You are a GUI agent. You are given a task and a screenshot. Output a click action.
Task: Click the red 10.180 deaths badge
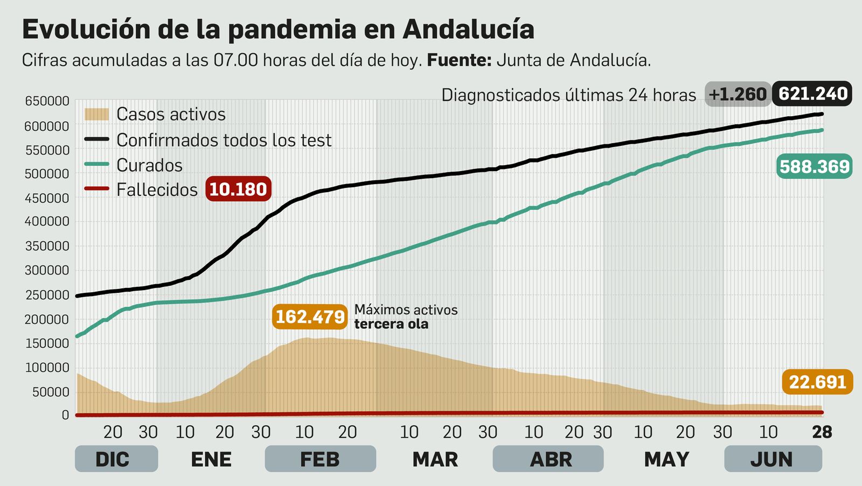point(238,189)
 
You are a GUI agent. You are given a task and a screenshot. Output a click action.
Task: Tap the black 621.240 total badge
point(813,94)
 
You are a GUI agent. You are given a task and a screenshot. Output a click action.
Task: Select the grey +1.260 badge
point(737,95)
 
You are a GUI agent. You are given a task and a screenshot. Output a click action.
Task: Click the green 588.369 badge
point(814,167)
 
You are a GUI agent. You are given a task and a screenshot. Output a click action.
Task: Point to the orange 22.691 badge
point(817,382)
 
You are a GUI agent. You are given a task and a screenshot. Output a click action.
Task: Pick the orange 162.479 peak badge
point(310,316)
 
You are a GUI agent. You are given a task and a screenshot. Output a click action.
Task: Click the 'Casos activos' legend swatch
point(96,114)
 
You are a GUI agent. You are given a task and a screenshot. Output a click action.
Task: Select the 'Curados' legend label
point(149,165)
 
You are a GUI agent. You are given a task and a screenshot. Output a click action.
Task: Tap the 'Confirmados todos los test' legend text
point(224,140)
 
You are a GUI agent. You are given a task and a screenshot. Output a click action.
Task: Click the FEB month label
point(320,459)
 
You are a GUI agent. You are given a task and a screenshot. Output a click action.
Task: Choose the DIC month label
point(113,459)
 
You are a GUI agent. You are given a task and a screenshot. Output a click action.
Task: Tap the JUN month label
point(771,459)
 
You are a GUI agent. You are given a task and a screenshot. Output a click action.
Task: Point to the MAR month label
point(435,459)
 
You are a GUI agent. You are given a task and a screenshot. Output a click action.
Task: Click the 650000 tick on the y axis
point(47,101)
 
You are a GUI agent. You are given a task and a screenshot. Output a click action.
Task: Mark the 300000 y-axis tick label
point(47,270)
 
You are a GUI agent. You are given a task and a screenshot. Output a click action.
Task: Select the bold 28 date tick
point(822,432)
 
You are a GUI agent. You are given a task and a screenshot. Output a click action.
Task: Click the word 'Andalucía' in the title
point(468,29)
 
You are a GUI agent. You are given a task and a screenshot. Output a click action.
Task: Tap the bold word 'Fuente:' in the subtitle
point(459,60)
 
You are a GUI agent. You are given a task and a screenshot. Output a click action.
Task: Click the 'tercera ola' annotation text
point(391,324)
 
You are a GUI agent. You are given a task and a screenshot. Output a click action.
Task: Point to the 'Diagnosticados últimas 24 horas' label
point(568,95)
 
